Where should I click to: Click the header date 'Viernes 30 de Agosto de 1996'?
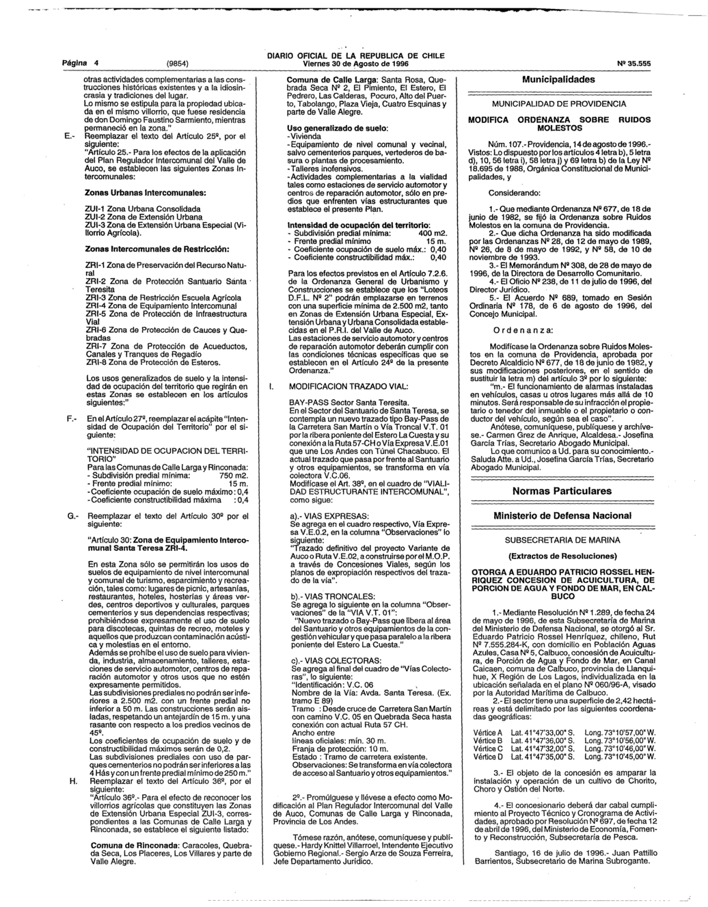pyautogui.click(x=355, y=64)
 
